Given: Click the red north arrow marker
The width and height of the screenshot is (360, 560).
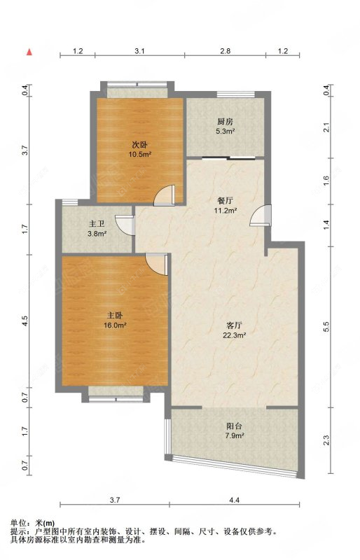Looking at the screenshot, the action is pos(29,52).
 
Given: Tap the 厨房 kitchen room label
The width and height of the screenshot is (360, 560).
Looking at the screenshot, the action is pos(226,122).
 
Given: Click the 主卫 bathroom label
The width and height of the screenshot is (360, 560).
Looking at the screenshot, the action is pos(97,224).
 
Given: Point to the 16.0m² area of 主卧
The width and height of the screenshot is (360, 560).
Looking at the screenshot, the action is pos(116,325).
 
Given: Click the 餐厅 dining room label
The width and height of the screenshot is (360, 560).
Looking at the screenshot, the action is pos(226,201).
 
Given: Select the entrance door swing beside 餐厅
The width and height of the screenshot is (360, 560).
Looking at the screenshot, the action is pos(261,216).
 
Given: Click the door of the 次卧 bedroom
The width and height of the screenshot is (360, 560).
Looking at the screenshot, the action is pos(165,195).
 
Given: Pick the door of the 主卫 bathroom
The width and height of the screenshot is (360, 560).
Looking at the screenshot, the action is pos(125,225).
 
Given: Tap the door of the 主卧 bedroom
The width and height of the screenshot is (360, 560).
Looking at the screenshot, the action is pos(157,265).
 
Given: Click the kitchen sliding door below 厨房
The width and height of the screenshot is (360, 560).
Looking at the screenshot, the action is pos(228,158).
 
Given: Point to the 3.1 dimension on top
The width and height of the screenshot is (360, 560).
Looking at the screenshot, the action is pos(139,51).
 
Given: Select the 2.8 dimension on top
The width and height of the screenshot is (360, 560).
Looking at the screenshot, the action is pos(226,51).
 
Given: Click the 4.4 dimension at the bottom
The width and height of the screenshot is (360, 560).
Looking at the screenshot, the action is pos(234,500).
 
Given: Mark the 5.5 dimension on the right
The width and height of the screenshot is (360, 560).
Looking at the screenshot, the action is pos(326,327).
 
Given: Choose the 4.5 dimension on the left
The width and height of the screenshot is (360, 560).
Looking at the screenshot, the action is pos(25,321).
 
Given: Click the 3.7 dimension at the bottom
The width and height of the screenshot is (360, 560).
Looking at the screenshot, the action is pos(114,500).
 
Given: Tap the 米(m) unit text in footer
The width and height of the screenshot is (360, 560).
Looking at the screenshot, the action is pos(46,523).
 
